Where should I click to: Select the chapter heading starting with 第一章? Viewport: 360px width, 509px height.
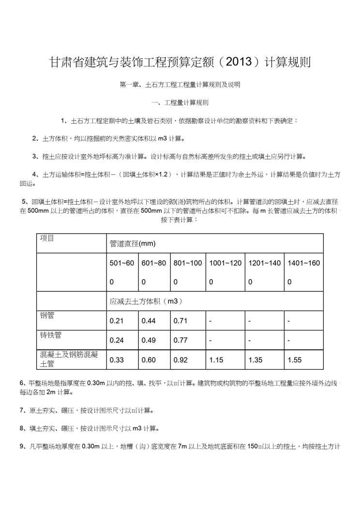pyautogui.click(x=180, y=85)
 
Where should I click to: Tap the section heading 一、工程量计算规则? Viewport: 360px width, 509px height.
pyautogui.click(x=180, y=103)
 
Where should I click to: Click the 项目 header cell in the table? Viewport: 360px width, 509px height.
pyautogui.click(x=47, y=238)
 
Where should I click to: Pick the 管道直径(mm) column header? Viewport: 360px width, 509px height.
pyautogui.click(x=132, y=244)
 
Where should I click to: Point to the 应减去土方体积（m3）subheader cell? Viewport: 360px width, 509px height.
pyautogui.click(x=146, y=301)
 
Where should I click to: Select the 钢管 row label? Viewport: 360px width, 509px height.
pyautogui.click(x=47, y=315)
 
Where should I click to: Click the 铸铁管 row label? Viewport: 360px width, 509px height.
pyautogui.click(x=50, y=335)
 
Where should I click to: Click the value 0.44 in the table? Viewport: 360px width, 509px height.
pyautogui.click(x=149, y=320)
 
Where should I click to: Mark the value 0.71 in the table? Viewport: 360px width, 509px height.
pyautogui.click(x=180, y=320)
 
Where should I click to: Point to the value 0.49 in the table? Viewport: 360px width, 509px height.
pyautogui.click(x=149, y=340)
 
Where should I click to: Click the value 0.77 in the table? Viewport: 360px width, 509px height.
pyautogui.click(x=180, y=340)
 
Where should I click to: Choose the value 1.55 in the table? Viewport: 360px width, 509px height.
pyautogui.click(x=294, y=360)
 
